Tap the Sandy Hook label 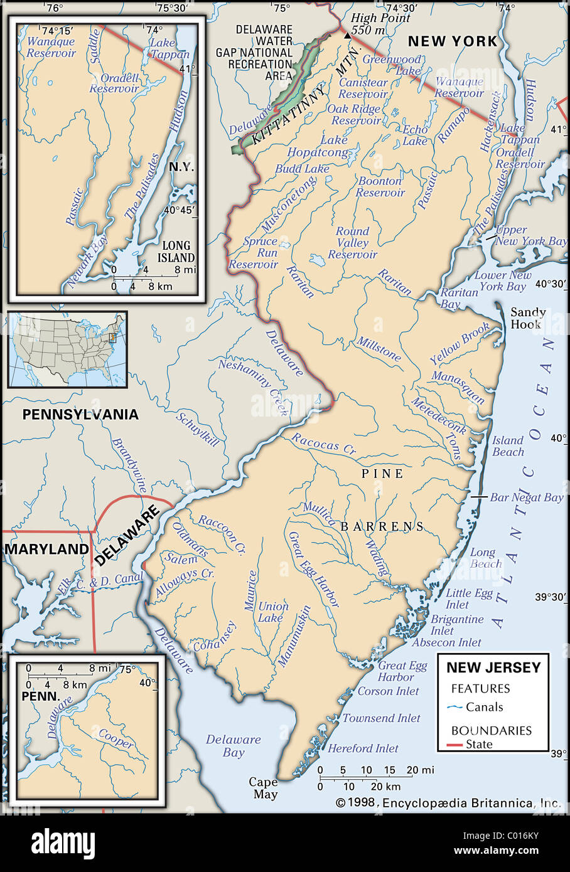tap(527, 318)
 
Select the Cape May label tap(264, 788)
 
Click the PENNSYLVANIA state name tap(80, 415)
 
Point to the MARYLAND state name tap(46, 550)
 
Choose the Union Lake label tap(273, 612)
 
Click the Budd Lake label tap(302, 169)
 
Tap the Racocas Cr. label tap(323, 444)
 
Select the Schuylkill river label tap(198, 429)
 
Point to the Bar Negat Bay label tap(526, 497)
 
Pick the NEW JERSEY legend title tap(493, 667)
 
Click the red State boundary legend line tap(455, 745)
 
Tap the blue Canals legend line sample tap(455, 707)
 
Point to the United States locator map tap(67, 349)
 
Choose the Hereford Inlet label tap(363, 748)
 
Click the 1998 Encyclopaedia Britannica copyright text tap(448, 803)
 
